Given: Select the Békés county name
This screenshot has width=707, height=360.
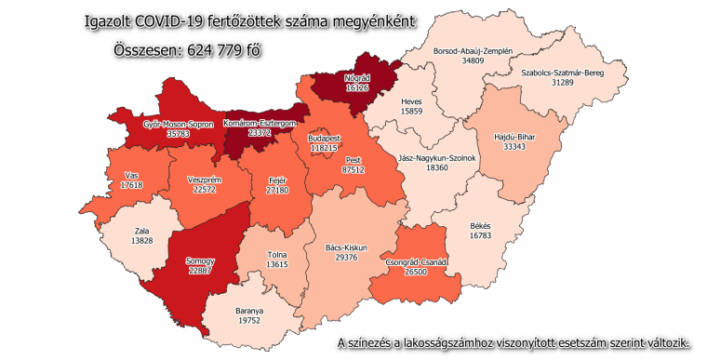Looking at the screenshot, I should point(480,226).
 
